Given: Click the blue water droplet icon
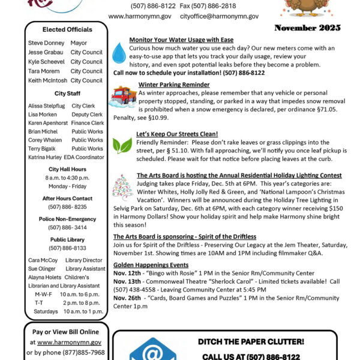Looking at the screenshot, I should (x=119, y=53).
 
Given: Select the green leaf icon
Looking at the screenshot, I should (x=122, y=145).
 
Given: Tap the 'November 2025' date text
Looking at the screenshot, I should (x=307, y=28).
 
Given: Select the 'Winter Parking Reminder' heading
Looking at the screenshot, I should (x=173, y=85).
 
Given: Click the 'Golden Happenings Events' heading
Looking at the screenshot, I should (x=151, y=265).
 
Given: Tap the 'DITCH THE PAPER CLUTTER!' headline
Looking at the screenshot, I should (x=251, y=342).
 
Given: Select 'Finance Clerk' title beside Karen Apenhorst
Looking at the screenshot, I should (x=87, y=123).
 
